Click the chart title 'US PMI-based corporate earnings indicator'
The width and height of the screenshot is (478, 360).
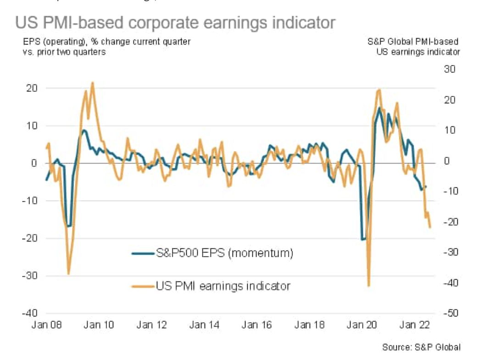click(175, 23)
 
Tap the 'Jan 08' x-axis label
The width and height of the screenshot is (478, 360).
click(46, 325)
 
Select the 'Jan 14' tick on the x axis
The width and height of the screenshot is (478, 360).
click(204, 325)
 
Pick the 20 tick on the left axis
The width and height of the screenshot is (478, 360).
click(32, 88)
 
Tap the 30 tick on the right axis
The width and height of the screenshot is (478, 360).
click(449, 69)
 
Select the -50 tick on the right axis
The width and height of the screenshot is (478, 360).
click(447, 313)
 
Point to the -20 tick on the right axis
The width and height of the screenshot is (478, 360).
click(447, 222)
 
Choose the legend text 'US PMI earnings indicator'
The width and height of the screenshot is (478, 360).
click(223, 286)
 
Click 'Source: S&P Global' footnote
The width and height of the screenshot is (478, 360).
click(421, 348)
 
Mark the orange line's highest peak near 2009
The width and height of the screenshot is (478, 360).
click(92, 83)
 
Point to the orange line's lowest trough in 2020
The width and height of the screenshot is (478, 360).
click(368, 285)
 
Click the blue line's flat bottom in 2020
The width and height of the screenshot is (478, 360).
click(363, 239)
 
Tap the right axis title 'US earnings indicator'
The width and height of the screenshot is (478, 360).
click(418, 52)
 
